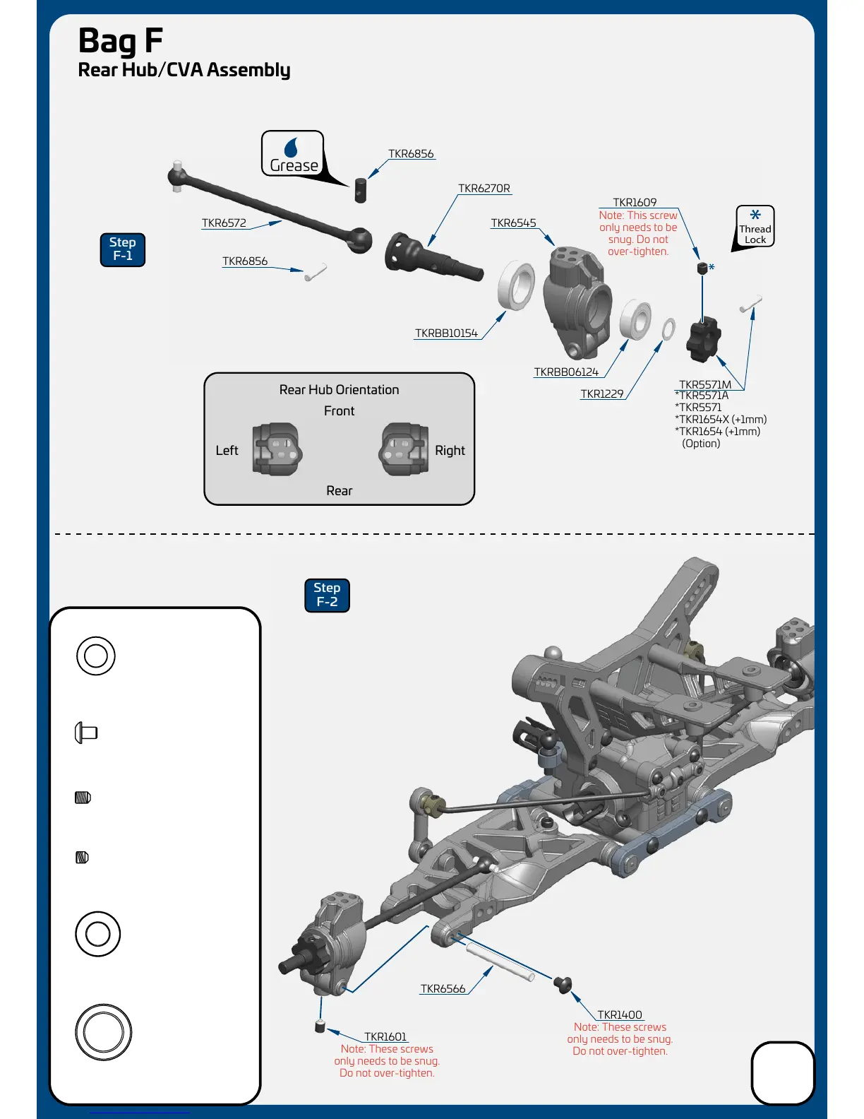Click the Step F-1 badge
tap(123, 249)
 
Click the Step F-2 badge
tap(327, 595)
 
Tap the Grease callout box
tap(293, 153)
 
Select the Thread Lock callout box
tap(755, 226)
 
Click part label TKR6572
tap(224, 223)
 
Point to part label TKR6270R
tap(484, 189)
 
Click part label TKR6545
tap(513, 223)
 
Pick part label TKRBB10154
tap(446, 333)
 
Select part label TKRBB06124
tap(566, 372)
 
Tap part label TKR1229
tap(602, 394)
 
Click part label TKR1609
tap(635, 203)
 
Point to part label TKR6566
tap(443, 989)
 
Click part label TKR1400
tap(620, 1015)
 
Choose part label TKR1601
tap(385, 1037)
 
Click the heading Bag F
tap(121, 40)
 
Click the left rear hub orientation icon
tap(277, 449)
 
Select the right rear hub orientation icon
tap(404, 449)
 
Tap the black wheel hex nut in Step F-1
tap(703, 339)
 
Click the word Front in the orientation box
tap(339, 411)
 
